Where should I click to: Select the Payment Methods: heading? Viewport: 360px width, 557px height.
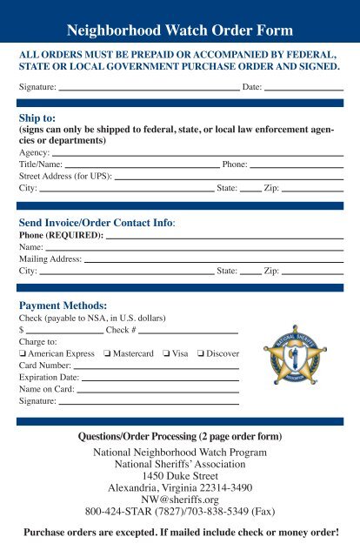tap(63, 305)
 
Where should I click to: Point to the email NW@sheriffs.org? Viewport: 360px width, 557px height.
tap(180, 493)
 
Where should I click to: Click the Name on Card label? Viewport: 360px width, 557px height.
tap(47, 391)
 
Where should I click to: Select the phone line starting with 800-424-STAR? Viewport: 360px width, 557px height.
tap(180, 510)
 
